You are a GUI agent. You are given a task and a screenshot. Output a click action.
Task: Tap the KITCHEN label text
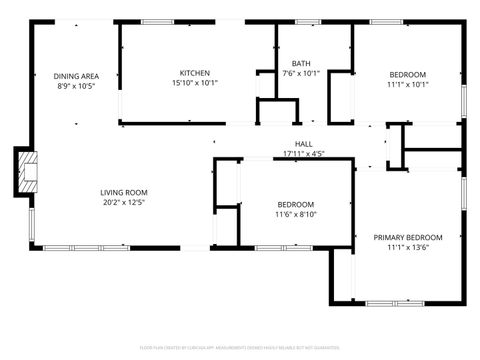tap(194, 73)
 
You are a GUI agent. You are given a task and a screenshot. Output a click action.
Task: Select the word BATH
tap(300, 63)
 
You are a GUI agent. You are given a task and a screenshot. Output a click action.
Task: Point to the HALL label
tap(303, 144)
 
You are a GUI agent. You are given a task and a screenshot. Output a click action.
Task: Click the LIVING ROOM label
tap(124, 192)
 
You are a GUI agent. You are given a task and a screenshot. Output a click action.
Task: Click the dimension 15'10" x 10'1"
tap(194, 83)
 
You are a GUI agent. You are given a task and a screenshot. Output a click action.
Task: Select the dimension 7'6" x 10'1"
tap(300, 73)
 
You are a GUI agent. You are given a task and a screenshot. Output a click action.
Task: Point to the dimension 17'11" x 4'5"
tap(303, 154)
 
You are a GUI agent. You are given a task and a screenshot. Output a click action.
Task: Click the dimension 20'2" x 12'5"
tap(124, 202)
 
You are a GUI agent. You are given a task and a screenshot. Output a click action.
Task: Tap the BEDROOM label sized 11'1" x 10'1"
tap(407, 75)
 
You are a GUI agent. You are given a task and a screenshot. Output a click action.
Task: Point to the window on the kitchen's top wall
tap(157, 21)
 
